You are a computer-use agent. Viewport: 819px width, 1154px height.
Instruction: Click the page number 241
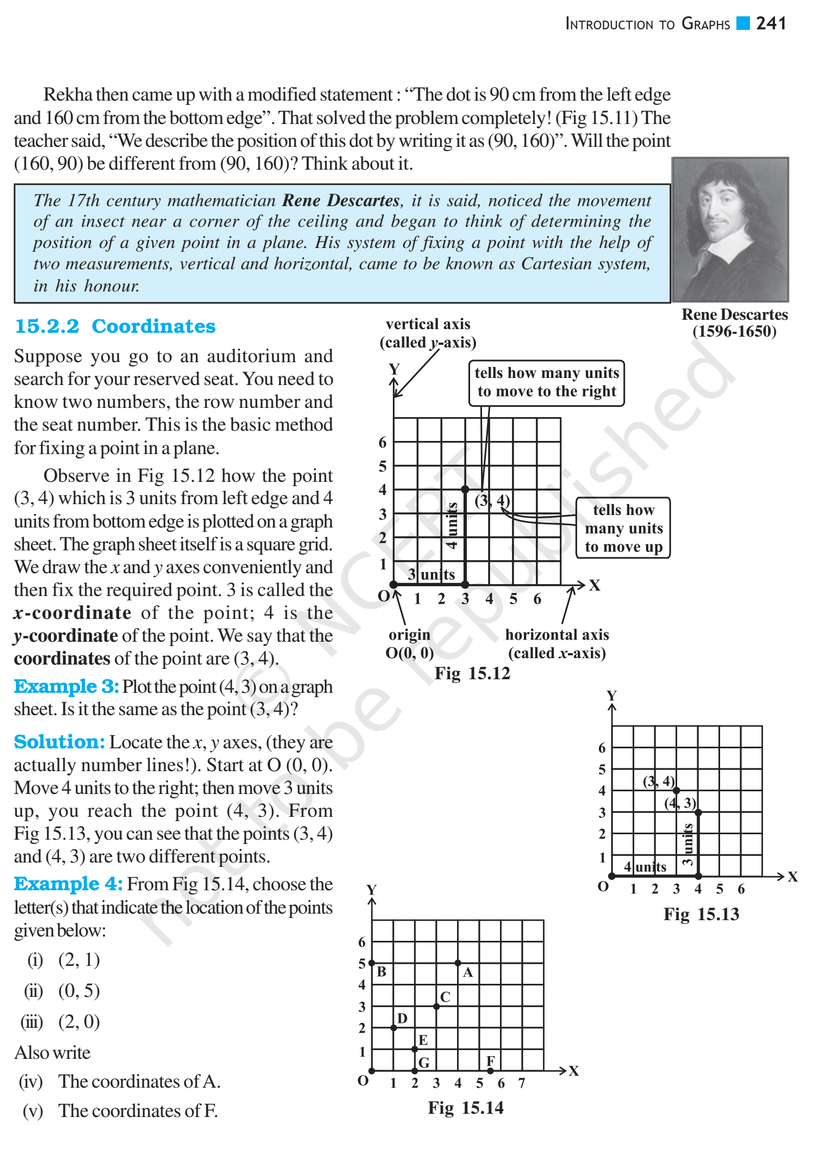coord(771,23)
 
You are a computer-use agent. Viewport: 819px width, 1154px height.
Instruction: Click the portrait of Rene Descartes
coord(730,229)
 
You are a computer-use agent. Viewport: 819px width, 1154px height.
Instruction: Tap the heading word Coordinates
coord(153,326)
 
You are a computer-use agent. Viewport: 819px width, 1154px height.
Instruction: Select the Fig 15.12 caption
coord(472,674)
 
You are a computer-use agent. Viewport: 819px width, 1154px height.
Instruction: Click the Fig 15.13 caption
coord(701,914)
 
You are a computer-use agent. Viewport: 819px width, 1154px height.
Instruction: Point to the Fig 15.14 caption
coord(466,1108)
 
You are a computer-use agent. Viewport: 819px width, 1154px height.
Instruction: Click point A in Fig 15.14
coord(458,963)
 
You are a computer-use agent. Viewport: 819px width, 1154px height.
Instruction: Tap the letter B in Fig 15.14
coord(382,972)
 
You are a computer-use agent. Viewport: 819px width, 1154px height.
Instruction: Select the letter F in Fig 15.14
coord(490,1061)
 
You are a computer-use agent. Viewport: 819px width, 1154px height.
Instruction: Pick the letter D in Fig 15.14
coord(402,1018)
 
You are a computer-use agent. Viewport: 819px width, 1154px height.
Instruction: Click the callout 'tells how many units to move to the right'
coord(546,382)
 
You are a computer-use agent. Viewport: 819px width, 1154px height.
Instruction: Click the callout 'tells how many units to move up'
coord(623,528)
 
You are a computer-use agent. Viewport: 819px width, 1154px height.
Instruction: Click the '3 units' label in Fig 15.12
coord(432,574)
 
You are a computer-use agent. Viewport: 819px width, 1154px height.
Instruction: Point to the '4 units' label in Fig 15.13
coord(645,867)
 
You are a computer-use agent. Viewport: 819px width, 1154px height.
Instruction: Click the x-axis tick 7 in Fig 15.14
coord(522,1083)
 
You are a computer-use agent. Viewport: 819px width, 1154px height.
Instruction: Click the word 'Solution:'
coord(59,742)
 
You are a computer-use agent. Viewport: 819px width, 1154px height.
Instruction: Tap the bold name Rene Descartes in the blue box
coord(341,201)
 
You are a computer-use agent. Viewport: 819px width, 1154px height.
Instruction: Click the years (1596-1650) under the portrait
coord(734,331)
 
